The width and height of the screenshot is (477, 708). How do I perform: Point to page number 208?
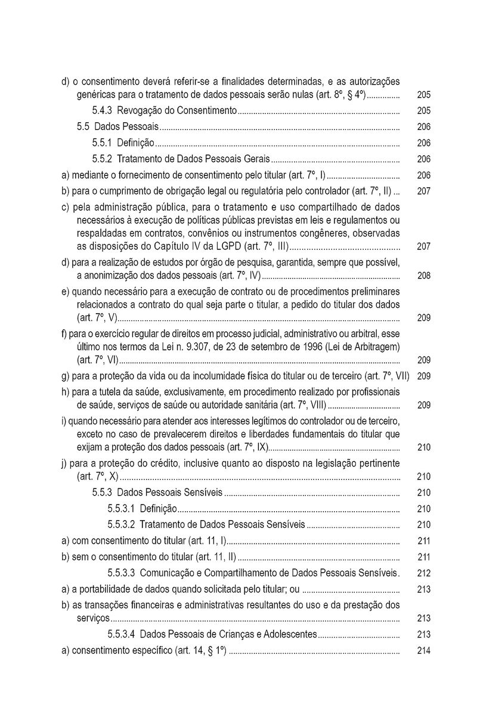coord(424,276)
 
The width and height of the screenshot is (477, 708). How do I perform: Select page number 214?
coord(424,651)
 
